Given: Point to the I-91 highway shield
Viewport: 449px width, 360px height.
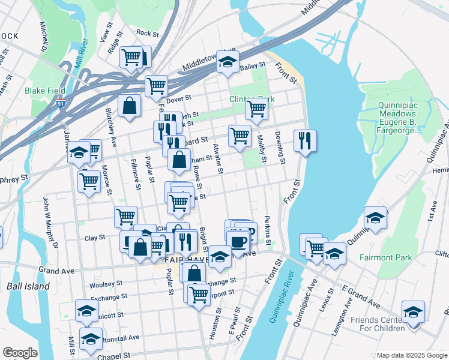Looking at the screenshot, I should [61, 104].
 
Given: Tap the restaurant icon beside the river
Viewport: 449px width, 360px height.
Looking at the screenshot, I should [305, 141].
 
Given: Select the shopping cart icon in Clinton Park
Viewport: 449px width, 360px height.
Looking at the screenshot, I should [256, 110].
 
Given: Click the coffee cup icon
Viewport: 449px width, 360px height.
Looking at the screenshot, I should [238, 242].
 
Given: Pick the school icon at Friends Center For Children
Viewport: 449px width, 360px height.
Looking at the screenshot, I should [413, 312].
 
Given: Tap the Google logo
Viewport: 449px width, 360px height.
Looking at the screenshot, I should [19, 353].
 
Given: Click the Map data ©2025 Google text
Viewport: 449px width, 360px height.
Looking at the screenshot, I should [411, 355].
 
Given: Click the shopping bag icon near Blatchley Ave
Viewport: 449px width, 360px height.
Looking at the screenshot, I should [130, 106].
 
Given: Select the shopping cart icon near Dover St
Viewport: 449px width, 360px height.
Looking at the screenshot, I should [156, 86].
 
